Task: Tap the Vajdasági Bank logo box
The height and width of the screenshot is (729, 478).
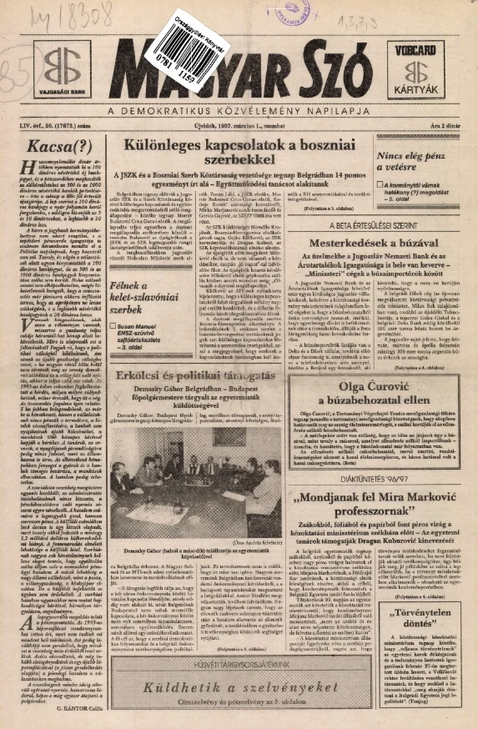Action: (53, 76)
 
